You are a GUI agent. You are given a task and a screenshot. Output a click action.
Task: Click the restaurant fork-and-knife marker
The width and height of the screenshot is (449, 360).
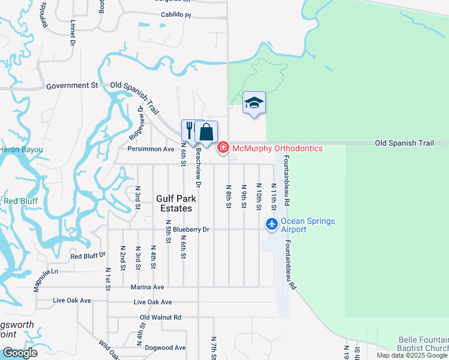pyautogui.click(x=189, y=130)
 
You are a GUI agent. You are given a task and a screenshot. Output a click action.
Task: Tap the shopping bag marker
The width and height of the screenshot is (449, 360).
pyautogui.click(x=206, y=132)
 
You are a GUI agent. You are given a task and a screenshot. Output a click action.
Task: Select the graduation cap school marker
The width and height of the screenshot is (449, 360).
pyautogui.click(x=254, y=103)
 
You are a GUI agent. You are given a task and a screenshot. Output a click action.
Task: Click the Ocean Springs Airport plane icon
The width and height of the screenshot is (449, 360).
pyautogui.click(x=272, y=224)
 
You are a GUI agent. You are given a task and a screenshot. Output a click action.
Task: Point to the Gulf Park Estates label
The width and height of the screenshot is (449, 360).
pyautogui.click(x=174, y=203)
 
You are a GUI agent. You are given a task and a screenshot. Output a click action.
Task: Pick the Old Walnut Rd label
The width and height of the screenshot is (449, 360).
pyautogui.click(x=160, y=317)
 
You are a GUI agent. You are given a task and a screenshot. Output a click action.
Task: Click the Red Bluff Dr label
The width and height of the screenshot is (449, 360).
pyautogui.click(x=88, y=256)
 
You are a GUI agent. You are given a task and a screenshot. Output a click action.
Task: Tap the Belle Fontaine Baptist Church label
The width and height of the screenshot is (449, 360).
pyautogui.click(x=423, y=344)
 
